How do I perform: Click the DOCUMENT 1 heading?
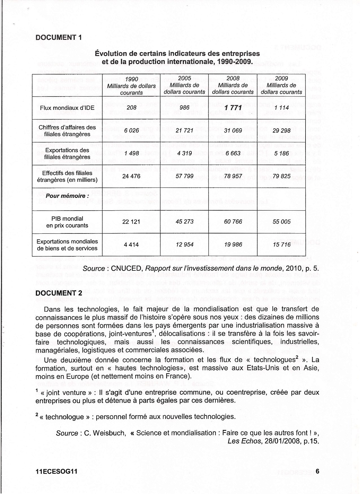tap(58, 38)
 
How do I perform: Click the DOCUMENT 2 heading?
tap(59, 293)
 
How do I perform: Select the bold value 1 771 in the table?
tap(233, 108)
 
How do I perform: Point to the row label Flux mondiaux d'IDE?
tap(67, 108)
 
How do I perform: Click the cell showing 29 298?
tap(282, 130)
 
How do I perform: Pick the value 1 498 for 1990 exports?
tap(131, 153)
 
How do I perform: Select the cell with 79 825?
tap(282, 176)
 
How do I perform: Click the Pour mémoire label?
tap(67, 196)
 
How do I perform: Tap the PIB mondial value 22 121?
tap(131, 222)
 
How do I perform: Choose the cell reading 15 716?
tap(282, 244)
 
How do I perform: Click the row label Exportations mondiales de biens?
tap(67, 245)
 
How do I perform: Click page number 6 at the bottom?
tap(317, 471)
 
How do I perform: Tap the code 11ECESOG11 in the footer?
tap(56, 471)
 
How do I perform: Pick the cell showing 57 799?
tap(184, 176)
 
